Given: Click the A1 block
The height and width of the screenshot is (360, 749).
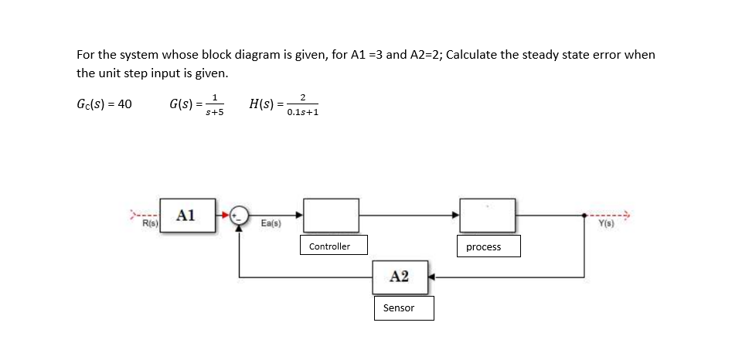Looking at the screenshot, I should coord(186,215).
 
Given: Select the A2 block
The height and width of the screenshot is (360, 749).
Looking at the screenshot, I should coord(400,277).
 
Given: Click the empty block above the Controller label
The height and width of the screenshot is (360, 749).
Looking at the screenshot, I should coord(330,215).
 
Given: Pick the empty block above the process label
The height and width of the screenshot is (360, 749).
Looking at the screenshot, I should coord(488,215).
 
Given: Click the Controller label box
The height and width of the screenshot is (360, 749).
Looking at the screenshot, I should coord(329,246).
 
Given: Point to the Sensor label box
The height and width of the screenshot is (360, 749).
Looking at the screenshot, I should coord(399,308).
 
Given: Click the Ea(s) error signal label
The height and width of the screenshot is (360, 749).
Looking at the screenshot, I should coord(270,225).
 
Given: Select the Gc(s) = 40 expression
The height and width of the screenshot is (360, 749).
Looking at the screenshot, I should coord(104,104).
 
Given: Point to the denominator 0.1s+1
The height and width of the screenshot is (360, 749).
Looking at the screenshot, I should coord(303,112).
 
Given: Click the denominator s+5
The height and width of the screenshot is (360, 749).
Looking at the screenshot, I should coord(214,112).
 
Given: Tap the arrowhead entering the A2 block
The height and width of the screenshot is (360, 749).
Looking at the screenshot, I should coord(434,277).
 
